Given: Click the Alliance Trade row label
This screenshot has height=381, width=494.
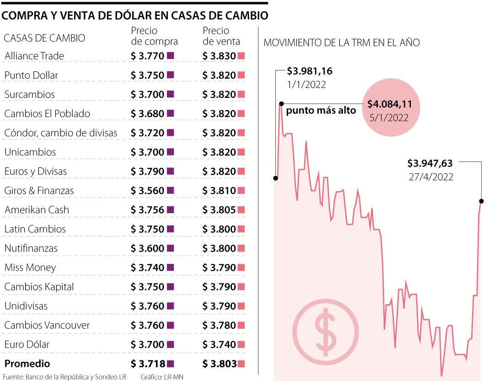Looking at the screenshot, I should click(34, 56).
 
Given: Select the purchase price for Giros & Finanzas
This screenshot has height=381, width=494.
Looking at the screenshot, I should click(147, 191).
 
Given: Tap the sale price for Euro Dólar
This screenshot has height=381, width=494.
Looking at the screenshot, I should click(219, 345).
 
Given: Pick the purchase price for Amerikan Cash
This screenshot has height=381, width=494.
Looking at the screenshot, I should click(147, 210).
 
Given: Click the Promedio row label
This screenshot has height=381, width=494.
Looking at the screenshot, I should click(27, 364).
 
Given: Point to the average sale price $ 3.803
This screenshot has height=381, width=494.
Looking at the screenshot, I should click(219, 364).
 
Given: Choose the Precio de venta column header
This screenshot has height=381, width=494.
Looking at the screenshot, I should click(221, 36).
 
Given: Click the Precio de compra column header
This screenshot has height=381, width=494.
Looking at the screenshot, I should click(154, 36).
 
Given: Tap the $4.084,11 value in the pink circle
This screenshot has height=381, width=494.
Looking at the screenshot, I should click(390, 104).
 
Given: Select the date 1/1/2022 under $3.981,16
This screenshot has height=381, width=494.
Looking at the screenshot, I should click(306, 85).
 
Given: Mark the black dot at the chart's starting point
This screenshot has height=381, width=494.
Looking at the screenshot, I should click(276, 178).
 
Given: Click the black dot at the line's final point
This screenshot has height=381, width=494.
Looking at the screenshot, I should click(481, 201).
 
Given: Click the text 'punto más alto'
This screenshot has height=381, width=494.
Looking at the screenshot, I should click(321, 111).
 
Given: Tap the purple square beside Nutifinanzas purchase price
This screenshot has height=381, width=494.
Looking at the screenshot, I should click(171, 248).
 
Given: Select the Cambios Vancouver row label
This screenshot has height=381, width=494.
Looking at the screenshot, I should click(47, 326).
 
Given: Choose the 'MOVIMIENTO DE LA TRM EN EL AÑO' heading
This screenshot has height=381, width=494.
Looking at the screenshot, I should click(342, 43).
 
